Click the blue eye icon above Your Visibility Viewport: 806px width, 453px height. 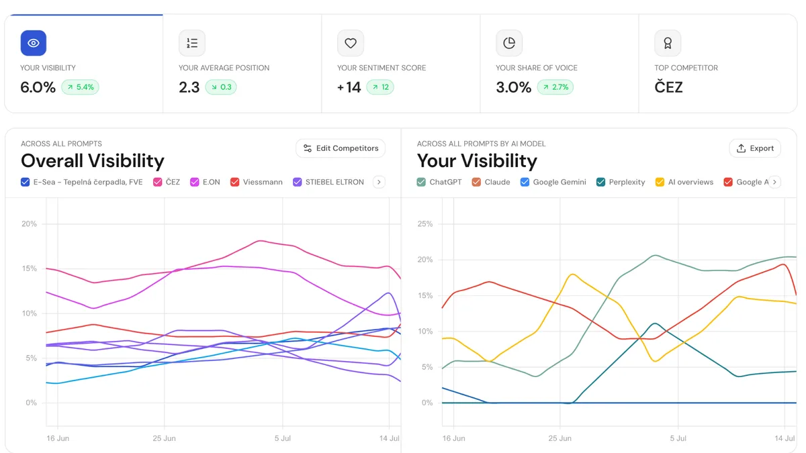pos(34,43)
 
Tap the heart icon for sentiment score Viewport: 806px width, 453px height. pos(351,43)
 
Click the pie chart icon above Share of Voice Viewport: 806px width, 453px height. pos(509,43)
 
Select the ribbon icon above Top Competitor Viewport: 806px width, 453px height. pos(668,43)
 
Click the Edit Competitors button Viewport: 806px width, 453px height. pos(341,148)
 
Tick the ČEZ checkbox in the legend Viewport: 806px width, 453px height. pos(157,182)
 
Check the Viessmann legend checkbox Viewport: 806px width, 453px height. pos(234,182)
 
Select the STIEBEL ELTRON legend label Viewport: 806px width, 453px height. pos(334,182)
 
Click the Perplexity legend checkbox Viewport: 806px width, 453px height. pos(600,182)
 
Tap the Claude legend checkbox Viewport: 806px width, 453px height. pos(476,182)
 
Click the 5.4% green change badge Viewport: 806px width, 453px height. pos(80,87)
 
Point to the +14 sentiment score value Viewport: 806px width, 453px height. pos(349,87)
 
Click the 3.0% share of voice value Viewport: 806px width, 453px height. pos(513,87)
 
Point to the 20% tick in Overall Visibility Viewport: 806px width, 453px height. pos(29,224)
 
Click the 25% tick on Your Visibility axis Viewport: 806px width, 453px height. pos(425,224)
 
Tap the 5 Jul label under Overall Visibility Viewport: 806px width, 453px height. pos(283,438)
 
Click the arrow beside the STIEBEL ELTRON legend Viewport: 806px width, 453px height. pos(379,182)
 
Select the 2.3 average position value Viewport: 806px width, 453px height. pos(189,87)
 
